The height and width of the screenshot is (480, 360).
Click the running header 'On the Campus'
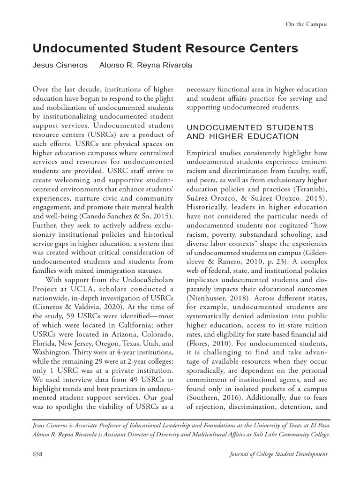(306, 24)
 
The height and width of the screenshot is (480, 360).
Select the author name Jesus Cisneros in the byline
(60, 65)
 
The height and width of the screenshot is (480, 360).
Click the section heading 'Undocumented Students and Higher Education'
(250, 132)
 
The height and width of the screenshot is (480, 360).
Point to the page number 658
(37, 454)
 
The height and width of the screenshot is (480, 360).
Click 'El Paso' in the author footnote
(318, 425)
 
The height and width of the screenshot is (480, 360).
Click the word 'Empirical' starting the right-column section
(202, 153)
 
